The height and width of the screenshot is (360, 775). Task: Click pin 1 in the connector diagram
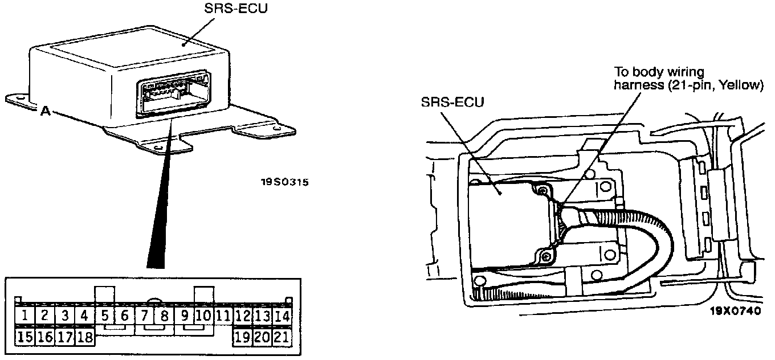(x=24, y=316)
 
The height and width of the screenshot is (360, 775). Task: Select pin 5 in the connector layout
(x=104, y=316)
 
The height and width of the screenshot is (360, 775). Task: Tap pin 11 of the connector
(x=223, y=316)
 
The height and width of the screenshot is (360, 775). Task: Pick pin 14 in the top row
(x=282, y=316)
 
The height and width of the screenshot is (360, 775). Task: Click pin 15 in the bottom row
(x=24, y=336)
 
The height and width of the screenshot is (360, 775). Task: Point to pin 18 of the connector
(x=84, y=336)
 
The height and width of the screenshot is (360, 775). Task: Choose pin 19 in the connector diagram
(x=242, y=336)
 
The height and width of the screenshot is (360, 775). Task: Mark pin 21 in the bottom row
(x=282, y=336)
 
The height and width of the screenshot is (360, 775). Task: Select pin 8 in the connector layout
(x=164, y=316)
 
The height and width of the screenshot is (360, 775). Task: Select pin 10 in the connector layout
(x=203, y=316)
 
